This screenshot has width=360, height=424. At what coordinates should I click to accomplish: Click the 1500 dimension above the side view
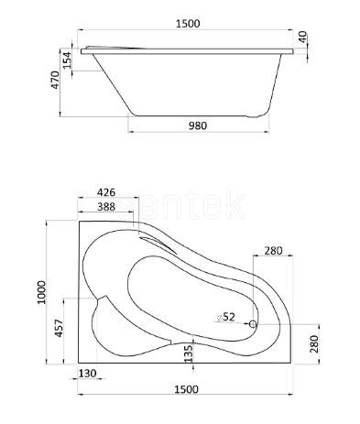tap(188, 24)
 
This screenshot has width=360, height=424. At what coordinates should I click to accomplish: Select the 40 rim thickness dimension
tap(302, 37)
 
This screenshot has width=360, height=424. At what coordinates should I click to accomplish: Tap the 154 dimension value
tap(67, 60)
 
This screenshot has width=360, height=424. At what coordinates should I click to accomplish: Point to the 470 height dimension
tap(55, 80)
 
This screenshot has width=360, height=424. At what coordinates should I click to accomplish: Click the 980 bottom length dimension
tap(198, 125)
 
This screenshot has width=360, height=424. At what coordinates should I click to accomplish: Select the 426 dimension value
tap(106, 192)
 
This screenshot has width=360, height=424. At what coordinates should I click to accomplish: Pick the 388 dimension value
tap(106, 207)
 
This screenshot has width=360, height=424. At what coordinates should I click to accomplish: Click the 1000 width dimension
tap(41, 292)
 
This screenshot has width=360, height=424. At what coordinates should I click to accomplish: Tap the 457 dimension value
tap(59, 328)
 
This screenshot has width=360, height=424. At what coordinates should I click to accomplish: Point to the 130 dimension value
tap(88, 373)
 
